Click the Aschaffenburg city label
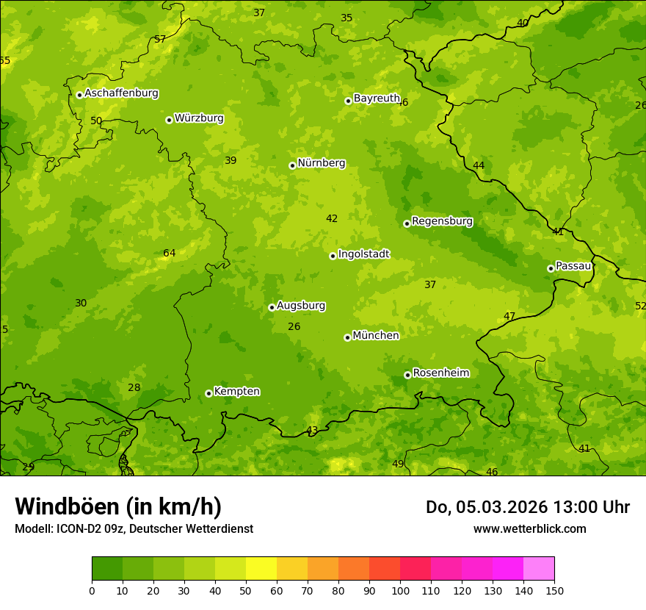click(x=121, y=93)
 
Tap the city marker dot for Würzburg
click(x=169, y=120)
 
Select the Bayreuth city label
click(x=377, y=98)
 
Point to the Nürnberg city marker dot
click(x=292, y=165)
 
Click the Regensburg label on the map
click(x=442, y=221)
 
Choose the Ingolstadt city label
click(x=363, y=254)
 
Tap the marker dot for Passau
click(x=551, y=268)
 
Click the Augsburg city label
click(x=301, y=306)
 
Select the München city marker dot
click(x=347, y=337)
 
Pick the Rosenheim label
click(x=440, y=373)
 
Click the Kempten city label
click(x=236, y=392)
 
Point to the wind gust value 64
click(x=170, y=254)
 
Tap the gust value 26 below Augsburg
click(x=294, y=327)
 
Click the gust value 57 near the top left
click(x=160, y=40)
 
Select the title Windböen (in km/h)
click(x=118, y=506)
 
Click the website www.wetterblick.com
click(x=529, y=528)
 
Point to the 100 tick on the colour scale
click(x=400, y=589)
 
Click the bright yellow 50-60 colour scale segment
click(x=261, y=568)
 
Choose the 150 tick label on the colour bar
click(x=554, y=589)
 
